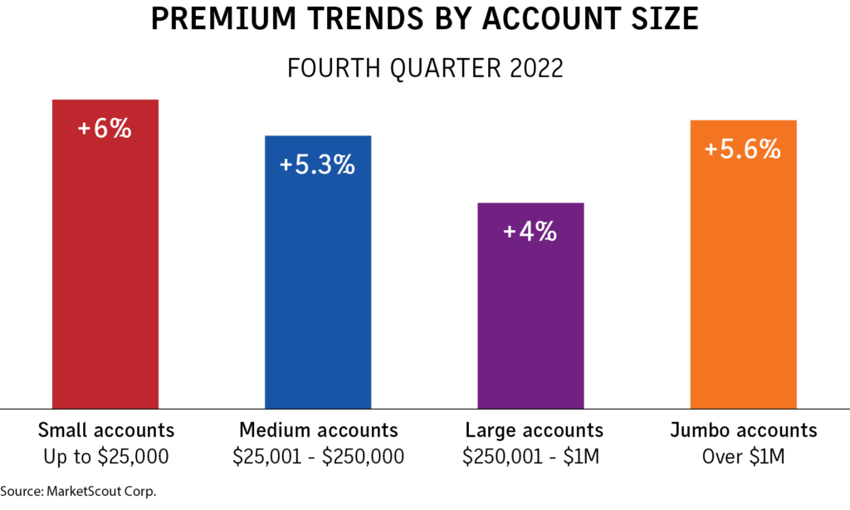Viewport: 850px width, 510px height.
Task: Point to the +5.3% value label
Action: point(317,165)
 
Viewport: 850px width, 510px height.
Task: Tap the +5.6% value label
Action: point(742,150)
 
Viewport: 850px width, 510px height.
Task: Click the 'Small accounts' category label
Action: point(106,430)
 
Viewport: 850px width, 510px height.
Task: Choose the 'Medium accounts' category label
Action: point(319,430)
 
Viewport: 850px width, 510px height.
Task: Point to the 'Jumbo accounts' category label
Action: point(744,430)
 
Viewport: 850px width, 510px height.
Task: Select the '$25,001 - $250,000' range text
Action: point(319,457)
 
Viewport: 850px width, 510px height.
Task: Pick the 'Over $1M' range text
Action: point(744,457)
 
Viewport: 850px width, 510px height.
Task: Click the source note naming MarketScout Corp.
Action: point(78,491)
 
